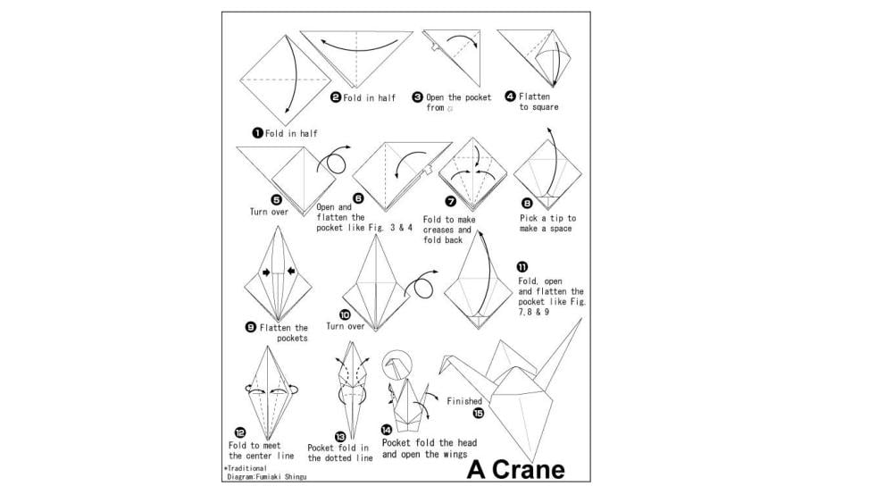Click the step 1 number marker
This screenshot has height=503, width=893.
coord(257,133)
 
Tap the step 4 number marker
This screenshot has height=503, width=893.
coord(510,96)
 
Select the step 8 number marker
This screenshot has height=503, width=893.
coord(527,204)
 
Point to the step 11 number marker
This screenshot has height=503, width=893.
coord(522,266)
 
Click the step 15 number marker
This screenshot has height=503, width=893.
coord(479,413)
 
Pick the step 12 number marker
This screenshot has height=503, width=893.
coord(240,433)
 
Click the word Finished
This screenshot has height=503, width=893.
coord(464,401)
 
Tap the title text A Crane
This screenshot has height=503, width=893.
coord(516,470)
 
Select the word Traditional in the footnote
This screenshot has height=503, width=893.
coord(246,468)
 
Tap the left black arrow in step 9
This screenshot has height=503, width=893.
coord(266,272)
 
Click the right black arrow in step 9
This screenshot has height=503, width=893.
coord(291,271)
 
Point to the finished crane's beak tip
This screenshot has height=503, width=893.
coord(439,373)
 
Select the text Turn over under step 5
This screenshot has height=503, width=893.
coord(269,212)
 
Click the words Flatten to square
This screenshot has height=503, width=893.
coord(538,102)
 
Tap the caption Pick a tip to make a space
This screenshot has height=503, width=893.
coord(547,223)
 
